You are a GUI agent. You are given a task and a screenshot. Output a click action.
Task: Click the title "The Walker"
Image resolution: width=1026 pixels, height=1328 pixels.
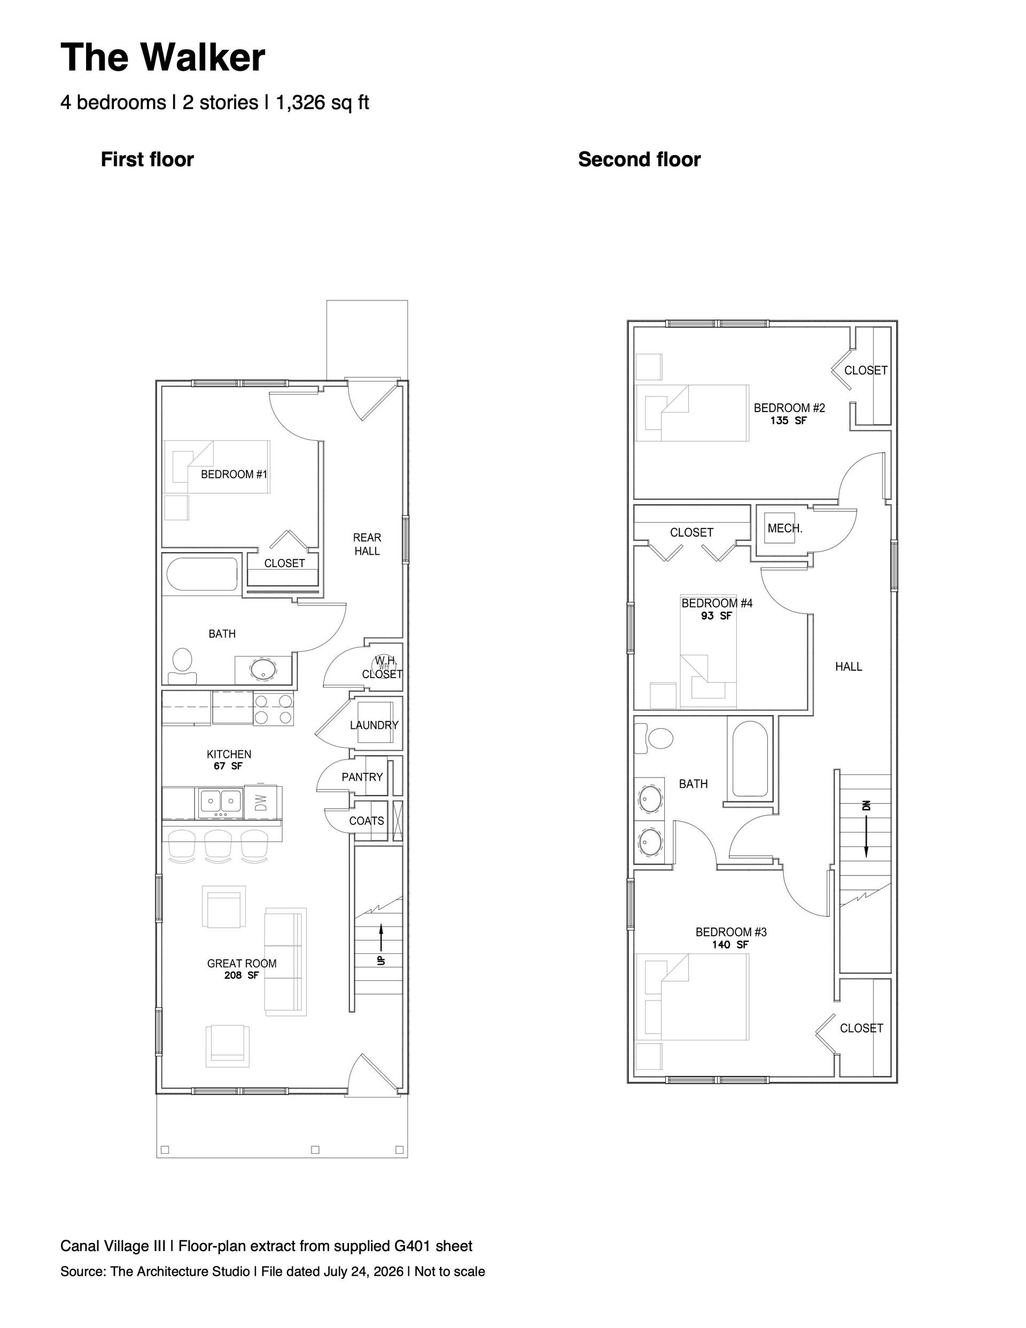coord(162,57)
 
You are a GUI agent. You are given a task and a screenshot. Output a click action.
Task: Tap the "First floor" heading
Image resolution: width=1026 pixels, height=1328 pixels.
coord(147,159)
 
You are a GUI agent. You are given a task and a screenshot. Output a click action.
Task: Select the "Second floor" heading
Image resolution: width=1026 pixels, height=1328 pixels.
coord(639,159)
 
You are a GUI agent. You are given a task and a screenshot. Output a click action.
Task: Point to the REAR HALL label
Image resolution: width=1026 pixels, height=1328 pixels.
coord(367,544)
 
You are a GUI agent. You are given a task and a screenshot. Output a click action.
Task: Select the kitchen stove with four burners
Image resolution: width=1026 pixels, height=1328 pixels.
coord(273,709)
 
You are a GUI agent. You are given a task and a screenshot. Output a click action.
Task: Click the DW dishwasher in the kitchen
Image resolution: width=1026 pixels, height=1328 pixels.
coord(260,802)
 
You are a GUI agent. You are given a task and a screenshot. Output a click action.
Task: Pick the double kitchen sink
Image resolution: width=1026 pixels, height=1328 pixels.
coord(220,802)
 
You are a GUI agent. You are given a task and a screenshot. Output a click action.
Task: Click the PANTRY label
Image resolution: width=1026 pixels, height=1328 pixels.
coord(362,776)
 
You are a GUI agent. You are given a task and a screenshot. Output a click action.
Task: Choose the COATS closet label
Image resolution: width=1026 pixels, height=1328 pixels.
coord(366,820)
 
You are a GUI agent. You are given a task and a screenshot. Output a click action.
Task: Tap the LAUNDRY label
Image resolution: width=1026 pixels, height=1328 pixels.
coord(374,725)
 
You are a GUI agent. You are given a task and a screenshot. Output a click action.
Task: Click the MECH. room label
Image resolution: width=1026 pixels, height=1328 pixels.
coord(784,529)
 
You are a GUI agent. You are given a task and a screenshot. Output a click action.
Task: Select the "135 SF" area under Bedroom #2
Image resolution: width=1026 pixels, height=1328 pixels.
coord(788,420)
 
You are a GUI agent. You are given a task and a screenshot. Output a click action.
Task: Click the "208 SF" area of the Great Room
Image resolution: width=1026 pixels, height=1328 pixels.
coord(242,975)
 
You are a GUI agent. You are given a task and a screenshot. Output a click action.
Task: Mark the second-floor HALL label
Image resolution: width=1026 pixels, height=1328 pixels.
coord(849,666)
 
